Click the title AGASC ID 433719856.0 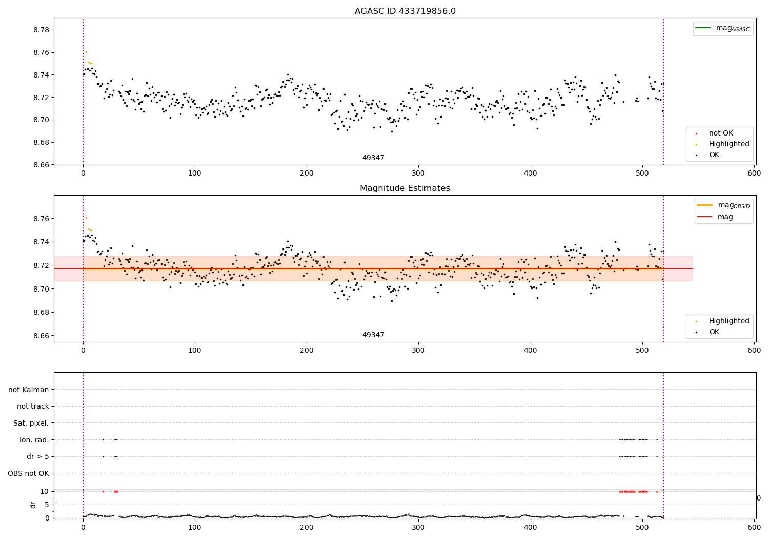pos(405,11)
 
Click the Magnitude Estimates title pos(405,188)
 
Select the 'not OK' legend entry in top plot pos(720,133)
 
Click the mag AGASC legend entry pos(732,28)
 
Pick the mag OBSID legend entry pos(733,205)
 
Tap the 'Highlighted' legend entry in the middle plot pos(728,321)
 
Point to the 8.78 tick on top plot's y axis pos(42,30)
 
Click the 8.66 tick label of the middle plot pos(42,336)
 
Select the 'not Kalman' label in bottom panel pos(29,390)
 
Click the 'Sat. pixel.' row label pos(31,423)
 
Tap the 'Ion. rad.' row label pos(34,440)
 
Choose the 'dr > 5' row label pos(37,456)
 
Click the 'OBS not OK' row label pos(28,473)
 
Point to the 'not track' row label pos(33,406)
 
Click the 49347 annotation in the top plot pos(373,158)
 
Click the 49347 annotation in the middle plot pos(373,335)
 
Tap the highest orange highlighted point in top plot pos(86,52)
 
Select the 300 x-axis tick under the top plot pos(418,174)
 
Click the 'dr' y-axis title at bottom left pos(33,505)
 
